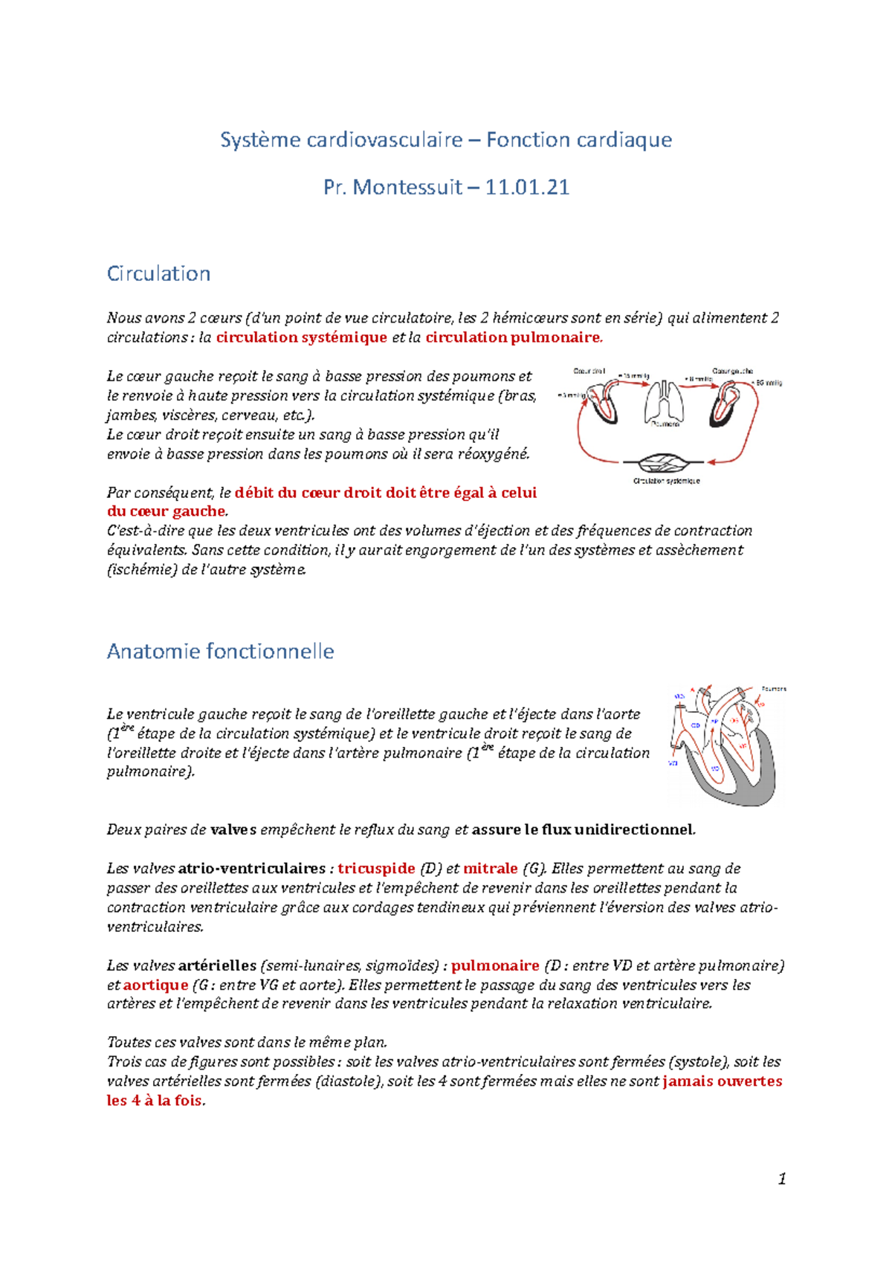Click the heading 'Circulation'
click(158, 274)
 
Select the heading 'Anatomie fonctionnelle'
click(220, 651)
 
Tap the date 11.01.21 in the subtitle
click(527, 187)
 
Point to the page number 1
click(781, 1179)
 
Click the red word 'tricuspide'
click(376, 868)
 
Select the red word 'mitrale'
click(491, 868)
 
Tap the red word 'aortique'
click(155, 985)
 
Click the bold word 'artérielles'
click(217, 965)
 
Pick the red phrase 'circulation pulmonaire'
click(512, 337)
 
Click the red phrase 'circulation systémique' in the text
click(301, 337)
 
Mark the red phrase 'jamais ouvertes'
click(722, 1081)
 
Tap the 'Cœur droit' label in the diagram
click(589, 370)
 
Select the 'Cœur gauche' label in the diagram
click(732, 370)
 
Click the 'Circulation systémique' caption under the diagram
click(666, 481)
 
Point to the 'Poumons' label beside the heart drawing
click(774, 689)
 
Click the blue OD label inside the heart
click(696, 725)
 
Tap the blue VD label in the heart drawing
click(715, 768)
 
